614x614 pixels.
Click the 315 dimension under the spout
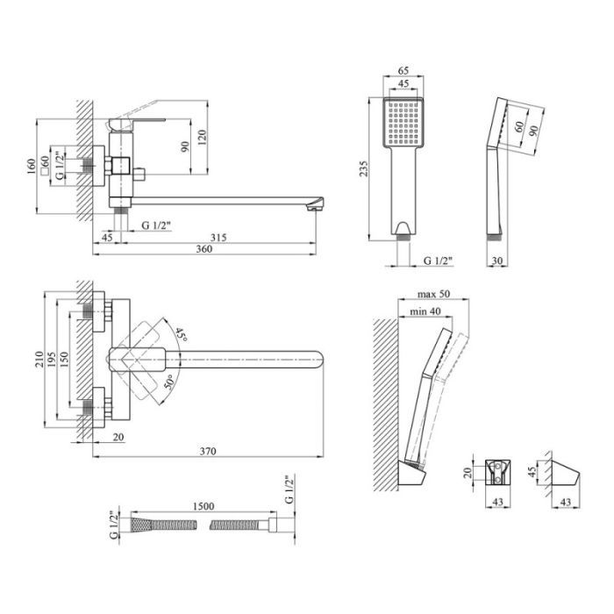pyautogui.click(x=218, y=238)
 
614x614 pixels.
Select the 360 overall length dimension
pyautogui.click(x=204, y=249)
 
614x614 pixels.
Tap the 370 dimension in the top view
pyautogui.click(x=208, y=451)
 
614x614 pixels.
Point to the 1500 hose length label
pyautogui.click(x=203, y=506)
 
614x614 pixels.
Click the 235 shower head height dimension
pyautogui.click(x=364, y=168)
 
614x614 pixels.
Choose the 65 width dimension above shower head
pyautogui.click(x=403, y=70)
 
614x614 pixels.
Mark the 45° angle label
pyautogui.click(x=181, y=334)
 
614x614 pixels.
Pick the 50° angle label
pyautogui.click(x=168, y=382)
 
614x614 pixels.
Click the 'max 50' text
pyautogui.click(x=433, y=294)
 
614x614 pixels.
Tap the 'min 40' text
pyautogui.click(x=425, y=311)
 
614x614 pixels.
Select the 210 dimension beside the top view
pyautogui.click(x=39, y=359)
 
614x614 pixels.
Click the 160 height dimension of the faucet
pyautogui.click(x=32, y=167)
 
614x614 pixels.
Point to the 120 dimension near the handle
pyautogui.click(x=202, y=138)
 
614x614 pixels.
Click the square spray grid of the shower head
pyautogui.click(x=403, y=122)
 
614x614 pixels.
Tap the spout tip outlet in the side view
pyautogui.click(x=313, y=209)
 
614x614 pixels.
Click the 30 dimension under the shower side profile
pyautogui.click(x=497, y=261)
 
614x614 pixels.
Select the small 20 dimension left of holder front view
pyautogui.click(x=468, y=472)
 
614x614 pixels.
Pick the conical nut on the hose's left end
pyautogui.click(x=139, y=525)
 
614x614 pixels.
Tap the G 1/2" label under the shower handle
pyautogui.click(x=439, y=261)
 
